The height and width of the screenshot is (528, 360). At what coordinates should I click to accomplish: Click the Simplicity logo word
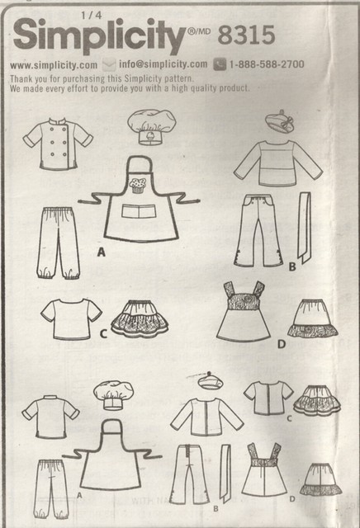(x=96, y=38)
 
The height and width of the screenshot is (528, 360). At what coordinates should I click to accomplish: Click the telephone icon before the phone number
(x=219, y=64)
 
